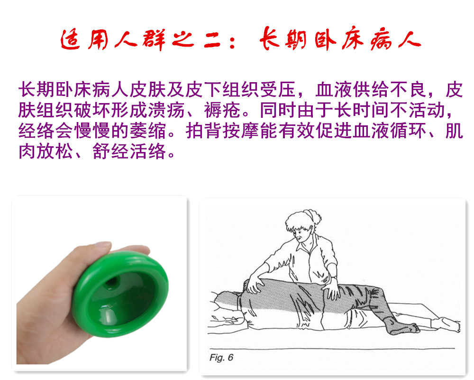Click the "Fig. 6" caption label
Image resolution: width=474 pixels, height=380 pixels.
221,358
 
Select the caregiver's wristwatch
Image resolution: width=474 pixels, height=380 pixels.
334,277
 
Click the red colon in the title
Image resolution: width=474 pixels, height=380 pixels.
232,42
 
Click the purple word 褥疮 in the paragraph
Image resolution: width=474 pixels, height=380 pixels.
222,110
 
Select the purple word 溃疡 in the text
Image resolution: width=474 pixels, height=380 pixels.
166,110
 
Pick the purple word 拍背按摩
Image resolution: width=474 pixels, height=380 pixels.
222,131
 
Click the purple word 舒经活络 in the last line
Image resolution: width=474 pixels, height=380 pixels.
129,151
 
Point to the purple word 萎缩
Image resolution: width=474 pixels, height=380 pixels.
148,131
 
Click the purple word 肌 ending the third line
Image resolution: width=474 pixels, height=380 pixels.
454,131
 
